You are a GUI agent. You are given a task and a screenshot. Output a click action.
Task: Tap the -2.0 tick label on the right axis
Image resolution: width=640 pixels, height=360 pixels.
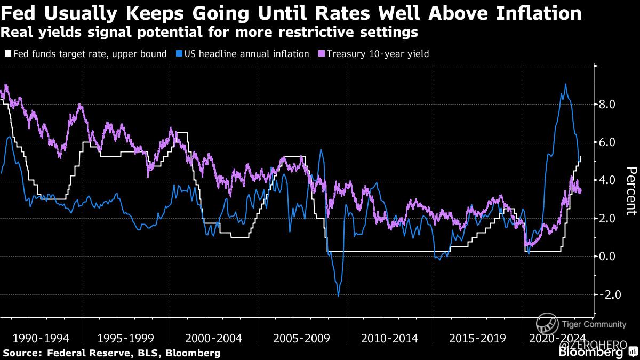pos(607,294)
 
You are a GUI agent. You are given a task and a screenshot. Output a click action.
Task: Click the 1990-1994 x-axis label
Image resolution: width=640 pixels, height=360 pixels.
pos(40,338)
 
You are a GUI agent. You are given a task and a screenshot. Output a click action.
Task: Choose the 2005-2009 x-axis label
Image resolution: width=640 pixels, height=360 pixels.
pos(301,338)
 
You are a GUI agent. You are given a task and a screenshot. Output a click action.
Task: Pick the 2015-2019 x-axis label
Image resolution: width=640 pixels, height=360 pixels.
pos(476,338)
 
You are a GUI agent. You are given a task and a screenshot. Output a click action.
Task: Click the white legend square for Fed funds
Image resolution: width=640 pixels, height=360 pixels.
pos(7,54)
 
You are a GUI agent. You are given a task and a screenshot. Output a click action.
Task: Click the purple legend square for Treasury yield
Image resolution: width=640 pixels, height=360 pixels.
pos(321,54)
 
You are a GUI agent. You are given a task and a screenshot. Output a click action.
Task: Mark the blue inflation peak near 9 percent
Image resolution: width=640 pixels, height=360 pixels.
pos(565,84)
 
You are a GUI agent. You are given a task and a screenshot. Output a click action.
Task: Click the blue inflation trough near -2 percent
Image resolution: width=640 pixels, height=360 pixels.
pos(338,295)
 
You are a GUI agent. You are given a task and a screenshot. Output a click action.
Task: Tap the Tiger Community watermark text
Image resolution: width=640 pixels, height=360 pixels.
pos(586,324)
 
